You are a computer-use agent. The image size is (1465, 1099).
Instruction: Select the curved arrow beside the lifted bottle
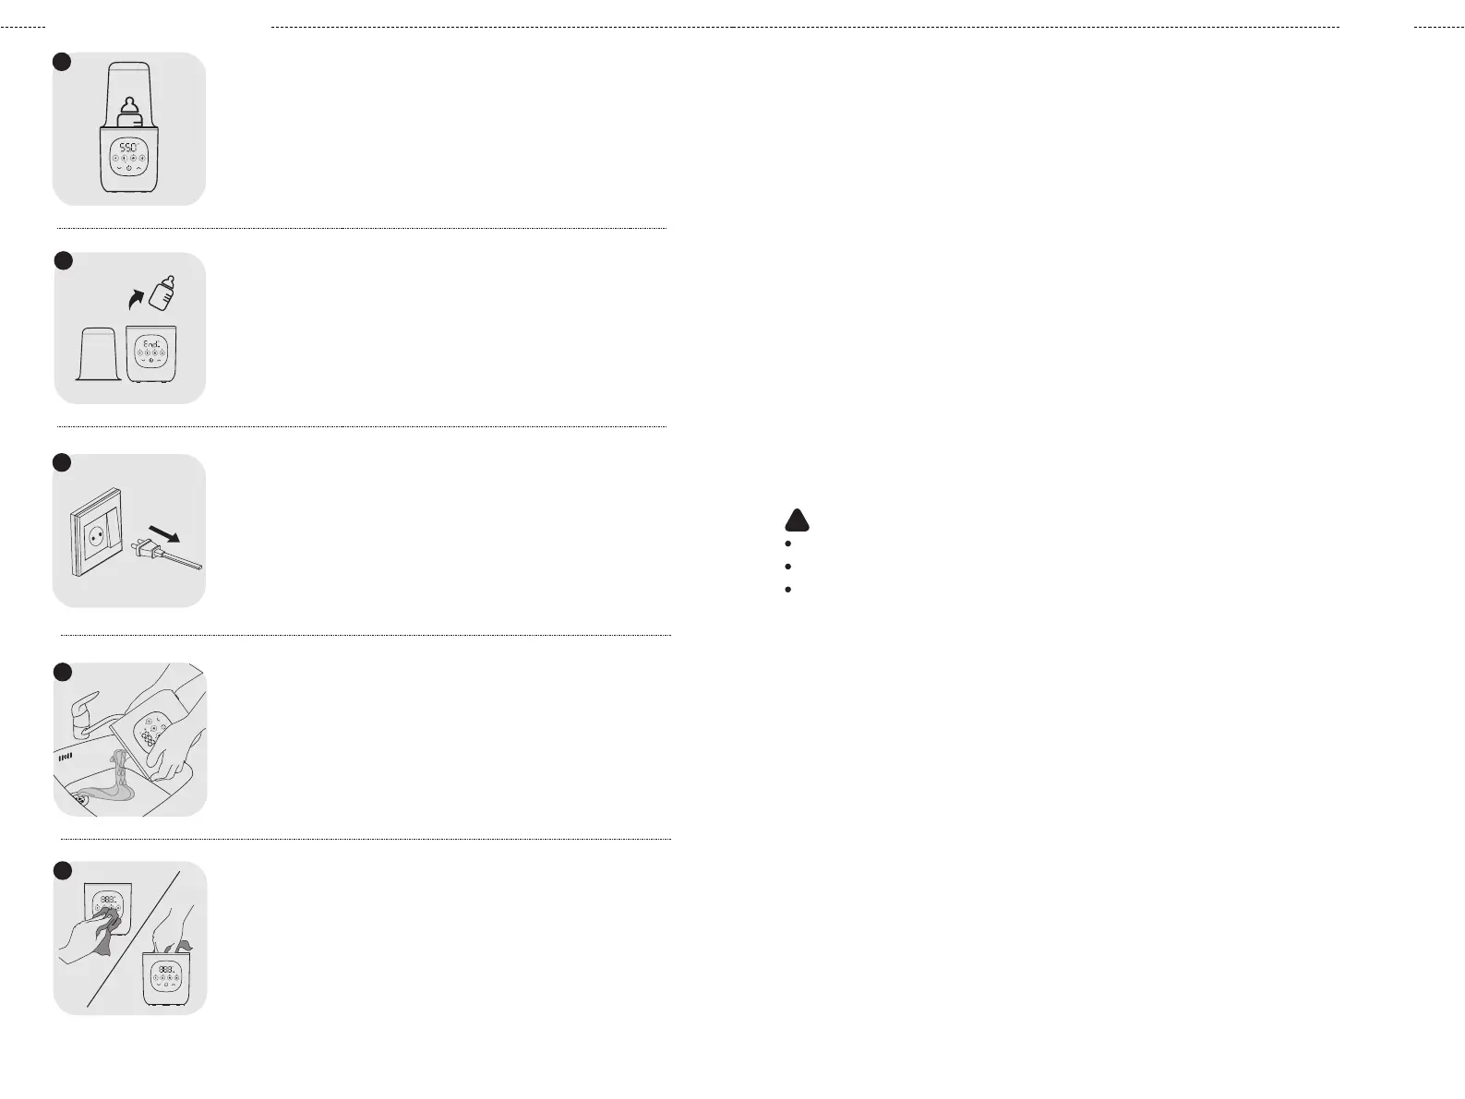136,297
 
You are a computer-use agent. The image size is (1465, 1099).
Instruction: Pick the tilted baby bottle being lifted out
163,293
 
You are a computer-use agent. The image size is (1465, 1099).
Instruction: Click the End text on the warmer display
151,343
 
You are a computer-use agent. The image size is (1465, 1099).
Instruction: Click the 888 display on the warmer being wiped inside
167,970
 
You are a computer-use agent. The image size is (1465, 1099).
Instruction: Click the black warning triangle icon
797,520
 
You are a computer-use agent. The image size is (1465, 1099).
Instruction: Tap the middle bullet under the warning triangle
787,566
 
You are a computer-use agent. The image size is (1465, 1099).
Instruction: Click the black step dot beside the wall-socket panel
62,462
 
